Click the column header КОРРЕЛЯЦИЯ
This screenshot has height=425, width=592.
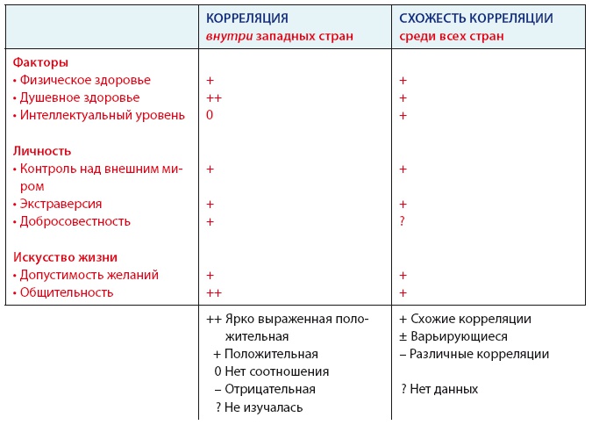tap(246, 18)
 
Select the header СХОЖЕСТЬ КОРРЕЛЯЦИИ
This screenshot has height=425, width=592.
tap(475, 18)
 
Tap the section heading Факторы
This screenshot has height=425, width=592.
tap(40, 62)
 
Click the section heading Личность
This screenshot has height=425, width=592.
tap(42, 151)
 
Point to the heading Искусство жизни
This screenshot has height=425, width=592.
tap(65, 257)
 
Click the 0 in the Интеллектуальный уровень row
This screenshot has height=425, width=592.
tap(210, 115)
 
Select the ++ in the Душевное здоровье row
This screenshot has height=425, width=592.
tap(213, 97)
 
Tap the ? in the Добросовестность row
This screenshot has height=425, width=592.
tap(402, 221)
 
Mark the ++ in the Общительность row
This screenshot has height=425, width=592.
tap(213, 292)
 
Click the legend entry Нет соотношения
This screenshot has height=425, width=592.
tap(263, 371)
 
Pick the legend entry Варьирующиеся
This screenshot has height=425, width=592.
tap(453, 336)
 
